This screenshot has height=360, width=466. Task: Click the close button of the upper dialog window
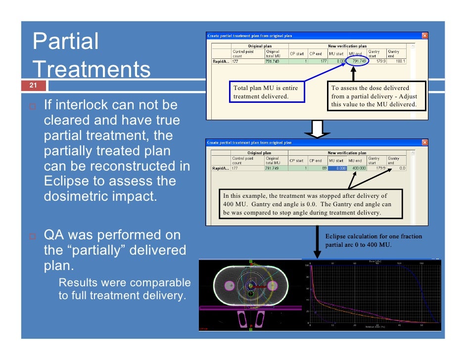424,36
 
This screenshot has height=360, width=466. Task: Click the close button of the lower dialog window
424,143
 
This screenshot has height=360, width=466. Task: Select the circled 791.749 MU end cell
358,62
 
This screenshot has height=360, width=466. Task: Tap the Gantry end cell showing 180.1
397,62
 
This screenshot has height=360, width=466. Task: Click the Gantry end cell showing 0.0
397,168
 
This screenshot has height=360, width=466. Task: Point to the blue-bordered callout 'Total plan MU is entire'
266,92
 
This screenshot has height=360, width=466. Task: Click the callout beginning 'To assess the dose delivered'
374,96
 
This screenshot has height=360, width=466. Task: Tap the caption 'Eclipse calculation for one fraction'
373,236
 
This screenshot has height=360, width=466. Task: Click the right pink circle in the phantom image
272,286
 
